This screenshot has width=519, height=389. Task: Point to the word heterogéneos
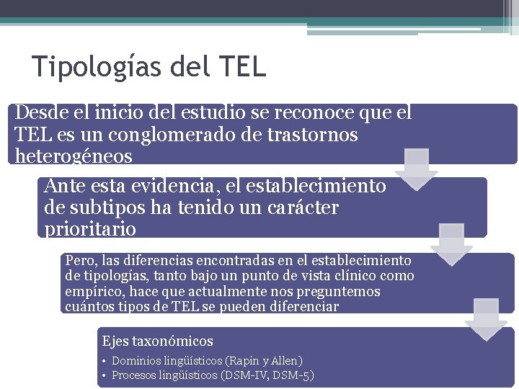74,156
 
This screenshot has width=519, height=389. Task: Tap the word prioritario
90,229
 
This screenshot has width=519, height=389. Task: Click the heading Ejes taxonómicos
158,341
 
